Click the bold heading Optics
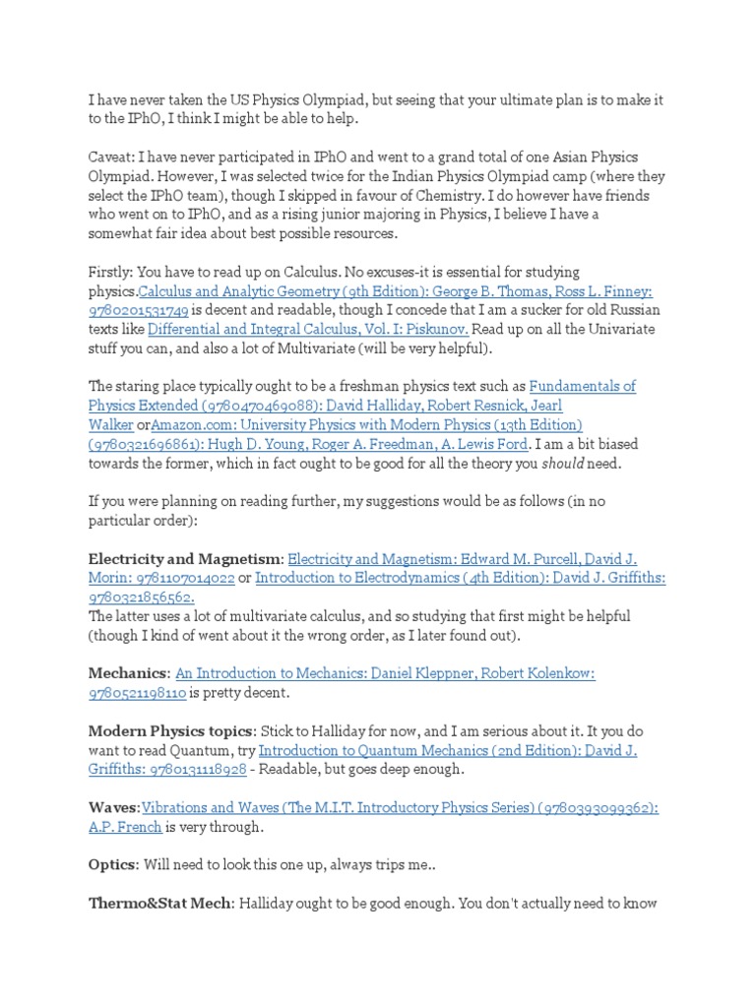tap(112, 865)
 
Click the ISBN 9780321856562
tap(141, 598)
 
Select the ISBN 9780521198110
tap(136, 693)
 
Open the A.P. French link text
tap(125, 827)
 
